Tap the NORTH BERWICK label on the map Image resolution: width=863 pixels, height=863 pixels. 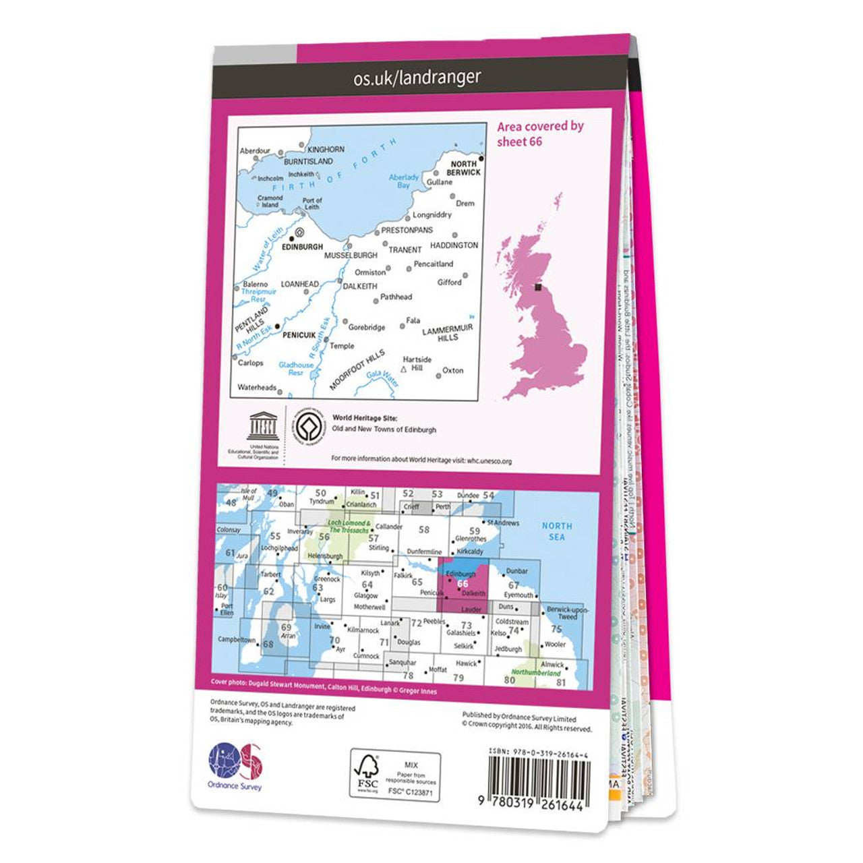tap(465, 168)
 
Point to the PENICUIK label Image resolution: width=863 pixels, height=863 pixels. tap(299, 334)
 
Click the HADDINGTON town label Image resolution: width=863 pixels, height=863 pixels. tap(454, 245)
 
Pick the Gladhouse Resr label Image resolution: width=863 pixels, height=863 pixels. tap(296, 369)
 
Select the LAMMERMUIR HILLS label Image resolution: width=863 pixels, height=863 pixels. tap(448, 332)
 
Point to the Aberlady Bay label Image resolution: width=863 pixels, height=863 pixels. tap(404, 181)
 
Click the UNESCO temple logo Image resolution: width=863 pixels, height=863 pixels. tap(262, 425)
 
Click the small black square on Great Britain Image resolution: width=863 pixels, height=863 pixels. tap(537, 287)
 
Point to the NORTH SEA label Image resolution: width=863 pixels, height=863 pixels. tap(557, 531)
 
